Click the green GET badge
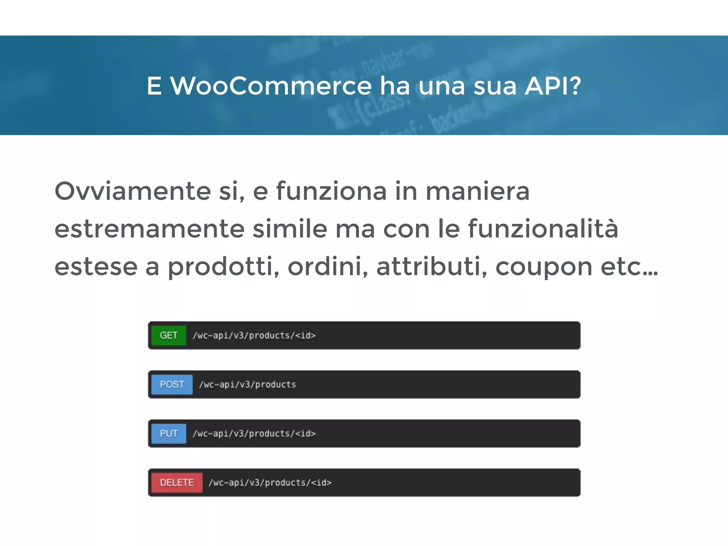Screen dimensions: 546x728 pyautogui.click(x=168, y=335)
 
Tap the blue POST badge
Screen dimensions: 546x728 pyautogui.click(x=172, y=384)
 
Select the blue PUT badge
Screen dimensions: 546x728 pyautogui.click(x=168, y=433)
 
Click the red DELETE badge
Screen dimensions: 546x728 pyautogui.click(x=177, y=482)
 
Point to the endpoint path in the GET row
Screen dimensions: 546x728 pyautogui.click(x=254, y=335)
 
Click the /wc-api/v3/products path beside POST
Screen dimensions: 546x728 pyautogui.click(x=247, y=384)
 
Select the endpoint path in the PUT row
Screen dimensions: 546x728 pyautogui.click(x=254, y=433)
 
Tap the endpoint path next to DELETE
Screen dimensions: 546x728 pyautogui.click(x=270, y=482)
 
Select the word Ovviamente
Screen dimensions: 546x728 pyautogui.click(x=133, y=191)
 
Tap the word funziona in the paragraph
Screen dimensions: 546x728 pyautogui.click(x=331, y=191)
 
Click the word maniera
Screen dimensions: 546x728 pyautogui.click(x=477, y=191)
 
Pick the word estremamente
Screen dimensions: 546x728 pyautogui.click(x=149, y=229)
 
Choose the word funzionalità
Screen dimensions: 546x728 pyautogui.click(x=543, y=229)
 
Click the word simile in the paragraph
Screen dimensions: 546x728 pyautogui.click(x=290, y=229)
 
